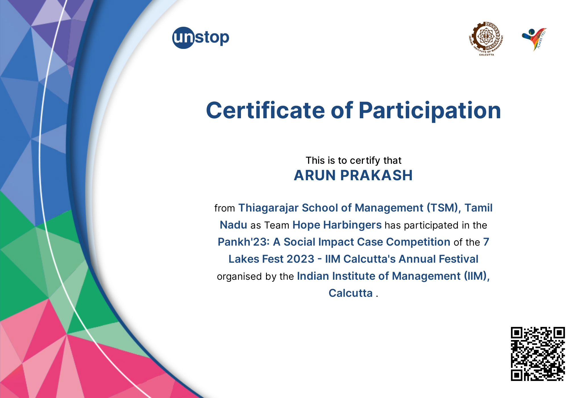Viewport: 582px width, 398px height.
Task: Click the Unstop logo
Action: pyautogui.click(x=200, y=38)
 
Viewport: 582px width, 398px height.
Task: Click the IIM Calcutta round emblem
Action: pyautogui.click(x=486, y=38)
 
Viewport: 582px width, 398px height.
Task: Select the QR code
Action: pyautogui.click(x=538, y=354)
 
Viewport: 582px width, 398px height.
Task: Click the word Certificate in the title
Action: pyautogui.click(x=265, y=110)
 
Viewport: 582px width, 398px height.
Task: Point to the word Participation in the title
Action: pyautogui.click(x=429, y=110)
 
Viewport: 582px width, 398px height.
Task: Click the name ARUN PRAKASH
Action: pyautogui.click(x=353, y=175)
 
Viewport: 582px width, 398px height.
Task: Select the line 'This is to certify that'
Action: pyautogui.click(x=353, y=161)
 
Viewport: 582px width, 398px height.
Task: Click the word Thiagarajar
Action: pyautogui.click(x=268, y=208)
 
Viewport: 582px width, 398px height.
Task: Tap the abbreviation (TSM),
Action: pyautogui.click(x=444, y=208)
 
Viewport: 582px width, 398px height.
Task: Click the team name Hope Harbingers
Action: pyautogui.click(x=337, y=225)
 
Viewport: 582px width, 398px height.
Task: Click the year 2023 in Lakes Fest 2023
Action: pyautogui.click(x=300, y=259)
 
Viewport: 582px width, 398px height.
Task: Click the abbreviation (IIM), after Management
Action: pyautogui.click(x=477, y=276)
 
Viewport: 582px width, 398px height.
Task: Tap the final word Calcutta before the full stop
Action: pyautogui.click(x=350, y=293)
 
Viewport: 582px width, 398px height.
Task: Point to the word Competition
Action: pyautogui.click(x=418, y=242)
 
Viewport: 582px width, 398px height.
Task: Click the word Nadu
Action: pyautogui.click(x=233, y=225)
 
